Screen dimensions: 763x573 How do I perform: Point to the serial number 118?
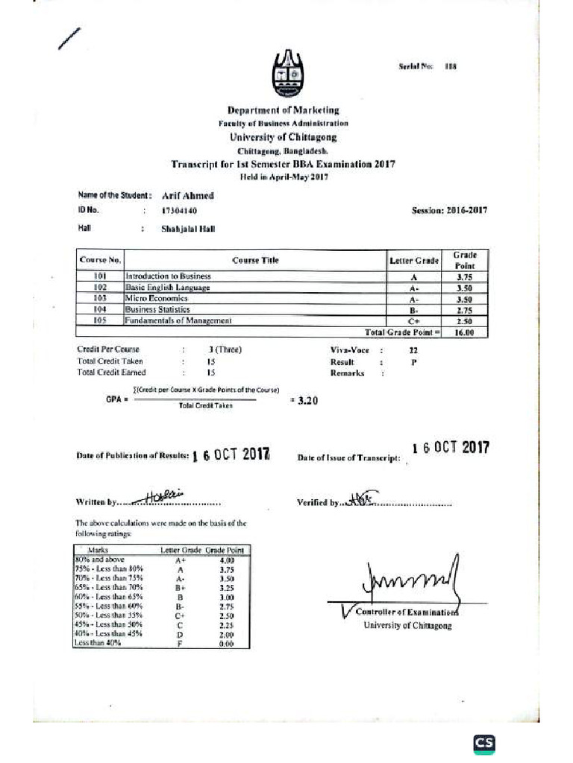450,66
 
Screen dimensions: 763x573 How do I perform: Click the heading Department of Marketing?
284,110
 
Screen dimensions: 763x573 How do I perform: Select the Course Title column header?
255,261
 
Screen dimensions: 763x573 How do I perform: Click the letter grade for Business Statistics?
414,309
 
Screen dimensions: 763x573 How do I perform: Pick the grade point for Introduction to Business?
465,276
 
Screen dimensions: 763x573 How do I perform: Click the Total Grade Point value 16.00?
465,332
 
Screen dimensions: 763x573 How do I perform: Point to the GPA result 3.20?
307,400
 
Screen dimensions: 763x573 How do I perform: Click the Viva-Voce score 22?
413,349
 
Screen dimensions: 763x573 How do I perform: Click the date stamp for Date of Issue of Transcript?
451,448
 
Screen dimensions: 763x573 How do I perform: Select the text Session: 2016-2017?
449,211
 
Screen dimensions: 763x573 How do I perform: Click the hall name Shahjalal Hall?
188,229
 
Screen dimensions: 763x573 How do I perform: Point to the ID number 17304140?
179,211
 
